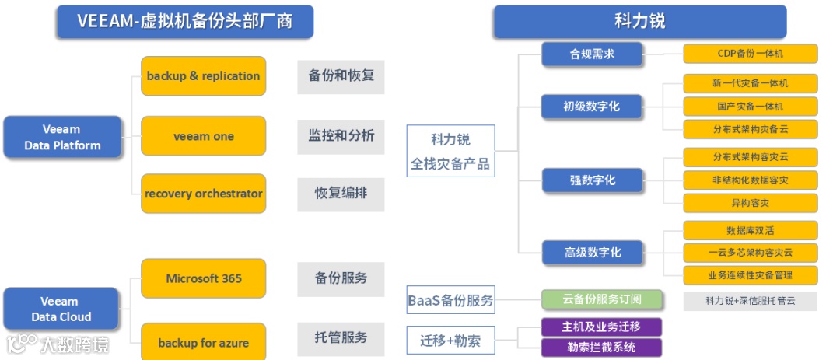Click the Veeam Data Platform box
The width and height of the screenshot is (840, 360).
[x=62, y=138]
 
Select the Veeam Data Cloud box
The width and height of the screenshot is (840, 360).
[x=61, y=309]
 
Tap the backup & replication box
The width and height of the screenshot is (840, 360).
[x=203, y=76]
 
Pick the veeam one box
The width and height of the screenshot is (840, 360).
[x=203, y=136]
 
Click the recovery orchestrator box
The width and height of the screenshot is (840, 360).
[x=203, y=194]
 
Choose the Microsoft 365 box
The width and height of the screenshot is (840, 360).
[x=203, y=278]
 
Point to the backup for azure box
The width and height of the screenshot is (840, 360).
[x=203, y=342]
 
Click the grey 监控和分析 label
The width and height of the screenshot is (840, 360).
[x=341, y=136]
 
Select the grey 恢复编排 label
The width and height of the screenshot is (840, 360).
[x=341, y=194]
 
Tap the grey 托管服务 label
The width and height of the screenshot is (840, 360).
[x=341, y=337]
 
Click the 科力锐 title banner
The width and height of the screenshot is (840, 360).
[x=639, y=21]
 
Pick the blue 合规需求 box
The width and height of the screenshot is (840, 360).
[x=592, y=54]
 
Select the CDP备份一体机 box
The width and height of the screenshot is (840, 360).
[x=750, y=54]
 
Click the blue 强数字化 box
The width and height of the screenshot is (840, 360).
[x=592, y=180]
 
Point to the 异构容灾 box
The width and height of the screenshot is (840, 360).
[x=750, y=203]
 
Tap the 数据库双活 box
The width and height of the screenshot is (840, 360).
[x=750, y=230]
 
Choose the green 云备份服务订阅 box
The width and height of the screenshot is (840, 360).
[x=602, y=299]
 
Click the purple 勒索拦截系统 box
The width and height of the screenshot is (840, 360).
[x=602, y=347]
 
